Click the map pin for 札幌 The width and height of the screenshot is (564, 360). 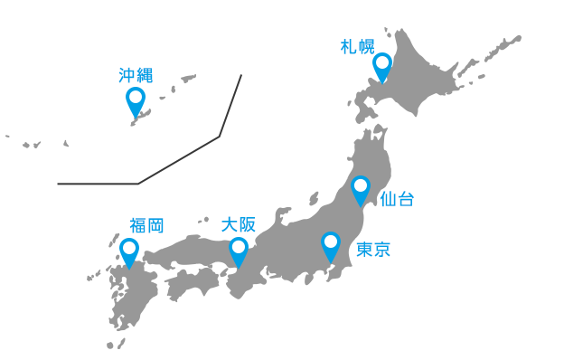tap(382, 66)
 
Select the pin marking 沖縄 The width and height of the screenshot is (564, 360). tap(136, 100)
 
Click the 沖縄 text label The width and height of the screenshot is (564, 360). tap(136, 76)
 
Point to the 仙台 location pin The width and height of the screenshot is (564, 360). tap(361, 190)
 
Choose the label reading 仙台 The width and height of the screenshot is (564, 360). tap(398, 199)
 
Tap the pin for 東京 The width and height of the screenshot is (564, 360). tap(331, 245)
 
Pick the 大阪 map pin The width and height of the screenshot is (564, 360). tap(239, 251)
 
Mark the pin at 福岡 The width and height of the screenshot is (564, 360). tap(129, 251)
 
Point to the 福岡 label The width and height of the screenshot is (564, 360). tap(146, 225)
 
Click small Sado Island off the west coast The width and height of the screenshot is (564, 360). tap(315, 197)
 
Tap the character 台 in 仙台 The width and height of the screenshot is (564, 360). tap(407, 199)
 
